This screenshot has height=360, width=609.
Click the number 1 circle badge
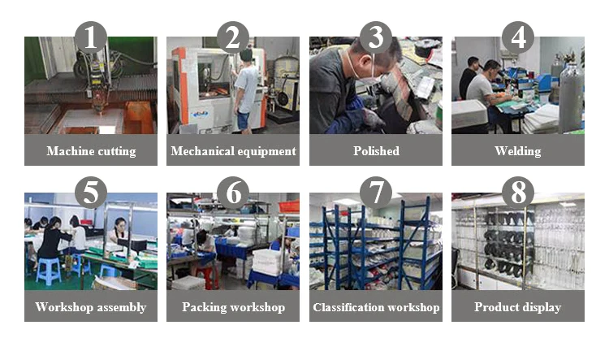click(90, 37)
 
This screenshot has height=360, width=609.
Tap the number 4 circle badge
click(518, 37)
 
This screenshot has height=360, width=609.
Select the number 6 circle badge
click(233, 193)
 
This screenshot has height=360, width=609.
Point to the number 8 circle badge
click(518, 193)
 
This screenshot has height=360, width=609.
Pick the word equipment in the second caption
click(266, 151)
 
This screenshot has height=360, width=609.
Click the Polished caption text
click(376, 151)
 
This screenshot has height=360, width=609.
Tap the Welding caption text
click(518, 151)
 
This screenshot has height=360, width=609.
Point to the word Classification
click(348, 307)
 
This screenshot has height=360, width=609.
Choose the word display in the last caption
click(542, 307)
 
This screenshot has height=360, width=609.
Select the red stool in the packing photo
click(206, 277)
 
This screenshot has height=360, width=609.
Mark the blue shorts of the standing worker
click(243, 120)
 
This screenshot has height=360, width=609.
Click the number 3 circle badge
click(376, 37)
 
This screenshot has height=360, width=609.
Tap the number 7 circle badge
click(376, 193)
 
